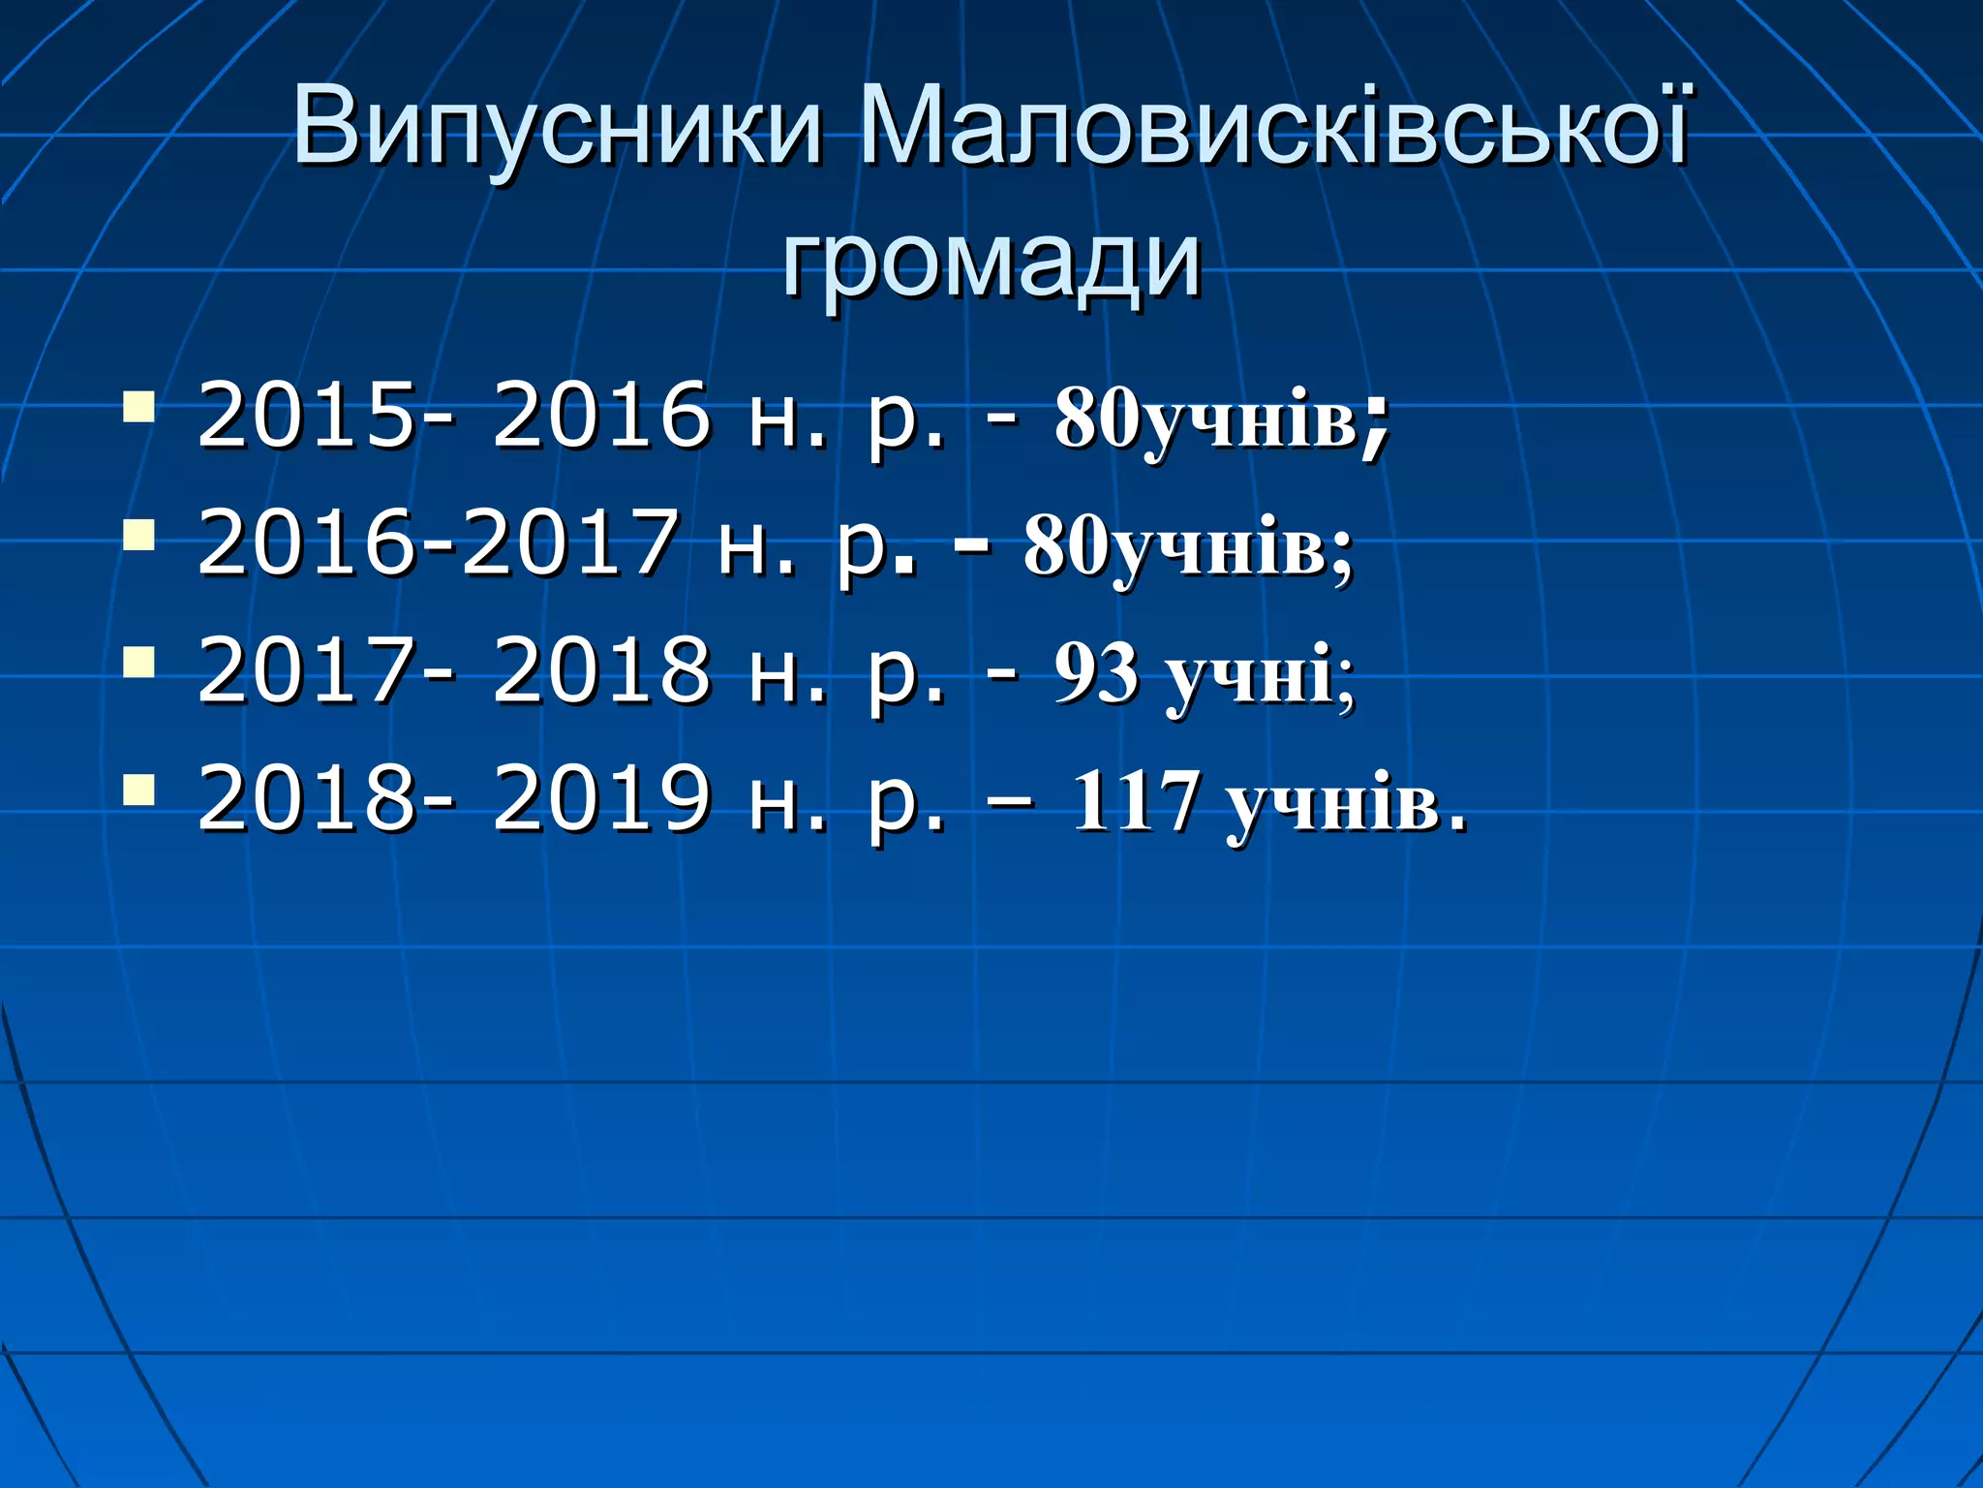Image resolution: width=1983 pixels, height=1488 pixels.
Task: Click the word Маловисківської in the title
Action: coord(1272,127)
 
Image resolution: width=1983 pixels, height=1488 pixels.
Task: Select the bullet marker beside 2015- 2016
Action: coord(139,407)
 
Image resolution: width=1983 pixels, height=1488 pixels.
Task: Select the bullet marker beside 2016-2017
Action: coord(139,534)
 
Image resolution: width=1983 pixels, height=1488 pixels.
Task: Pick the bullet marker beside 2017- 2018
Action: coord(139,662)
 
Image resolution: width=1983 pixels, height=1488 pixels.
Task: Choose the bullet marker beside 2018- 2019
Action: coord(139,790)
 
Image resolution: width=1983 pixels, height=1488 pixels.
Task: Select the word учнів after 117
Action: coord(1332,803)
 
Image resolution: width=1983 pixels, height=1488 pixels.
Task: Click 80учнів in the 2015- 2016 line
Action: coord(1206,419)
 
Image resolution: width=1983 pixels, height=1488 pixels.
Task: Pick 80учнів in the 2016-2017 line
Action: coord(1175,546)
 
